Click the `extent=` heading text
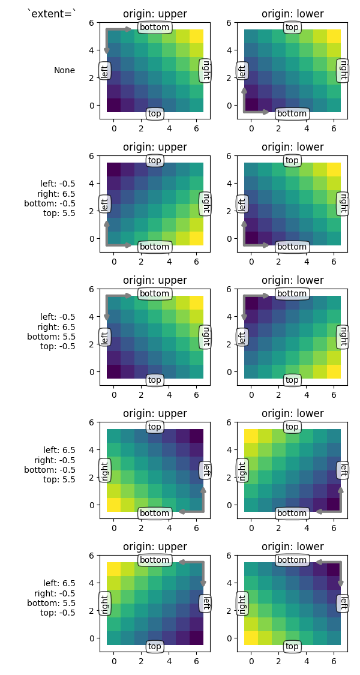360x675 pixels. pyautogui.click(x=52, y=13)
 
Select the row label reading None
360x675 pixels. pyautogui.click(x=64, y=70)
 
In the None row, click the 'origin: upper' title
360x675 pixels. pyautogui.click(x=155, y=14)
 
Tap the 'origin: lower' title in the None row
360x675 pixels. pyautogui.click(x=292, y=14)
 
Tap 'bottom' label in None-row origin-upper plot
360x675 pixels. pyautogui.click(x=155, y=27)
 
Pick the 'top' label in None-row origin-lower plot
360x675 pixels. pyautogui.click(x=292, y=27)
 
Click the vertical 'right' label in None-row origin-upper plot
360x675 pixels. pyautogui.click(x=205, y=70)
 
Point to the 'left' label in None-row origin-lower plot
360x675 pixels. pyautogui.click(x=242, y=71)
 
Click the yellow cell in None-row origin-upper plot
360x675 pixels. pyautogui.click(x=196, y=36)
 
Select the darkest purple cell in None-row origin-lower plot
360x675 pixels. pyautogui.click(x=251, y=105)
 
